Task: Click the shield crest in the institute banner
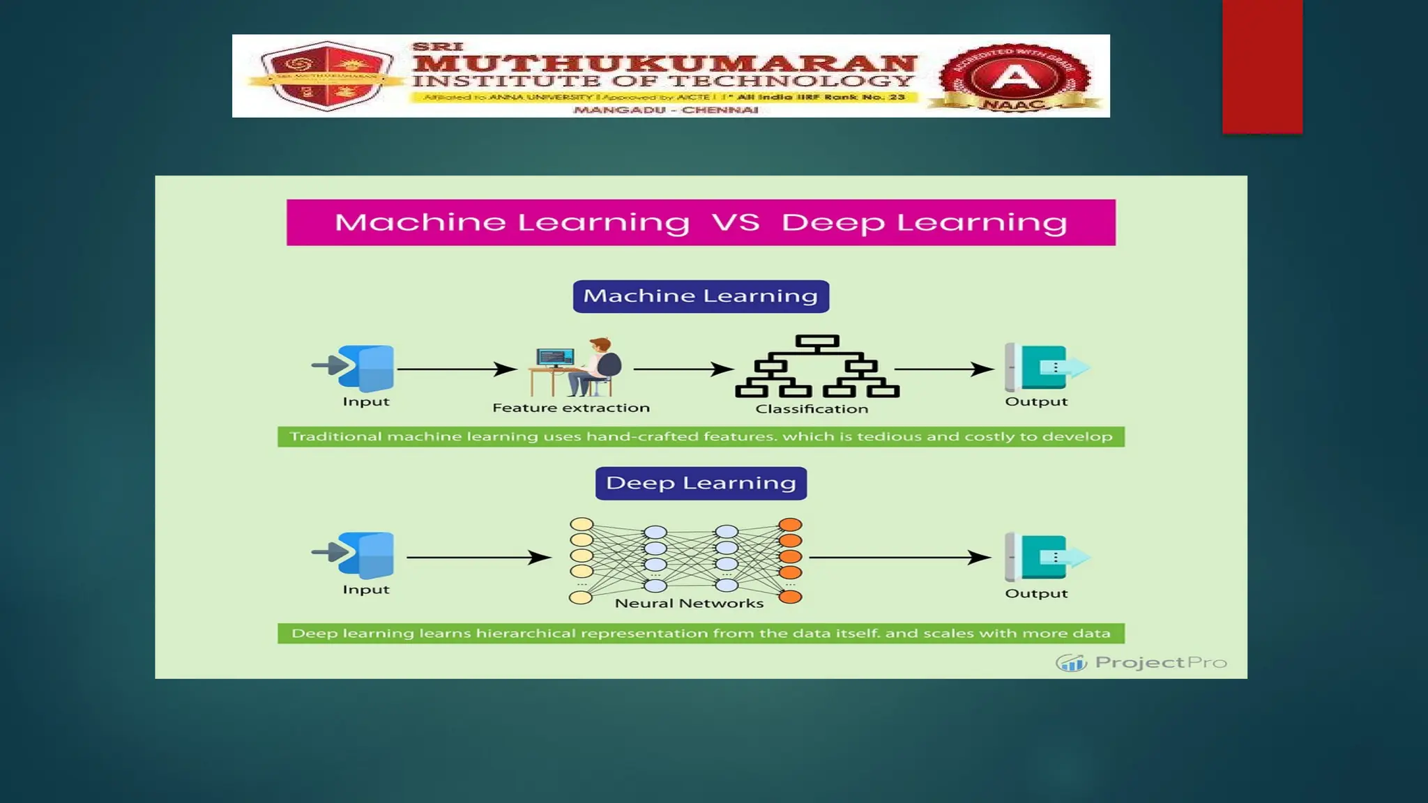[326, 76]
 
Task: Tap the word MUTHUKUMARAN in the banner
[664, 63]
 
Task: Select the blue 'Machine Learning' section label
[701, 296]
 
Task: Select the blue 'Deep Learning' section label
[701, 483]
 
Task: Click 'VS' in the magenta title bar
[736, 223]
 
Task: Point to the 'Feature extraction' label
[571, 408]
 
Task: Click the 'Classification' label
[812, 409]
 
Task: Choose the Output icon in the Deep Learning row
[1045, 556]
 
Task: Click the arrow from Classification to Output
[944, 369]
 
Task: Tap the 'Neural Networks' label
[689, 604]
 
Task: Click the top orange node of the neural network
[790, 525]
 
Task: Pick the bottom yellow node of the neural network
[581, 597]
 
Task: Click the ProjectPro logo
[1141, 662]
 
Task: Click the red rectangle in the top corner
[1262, 66]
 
